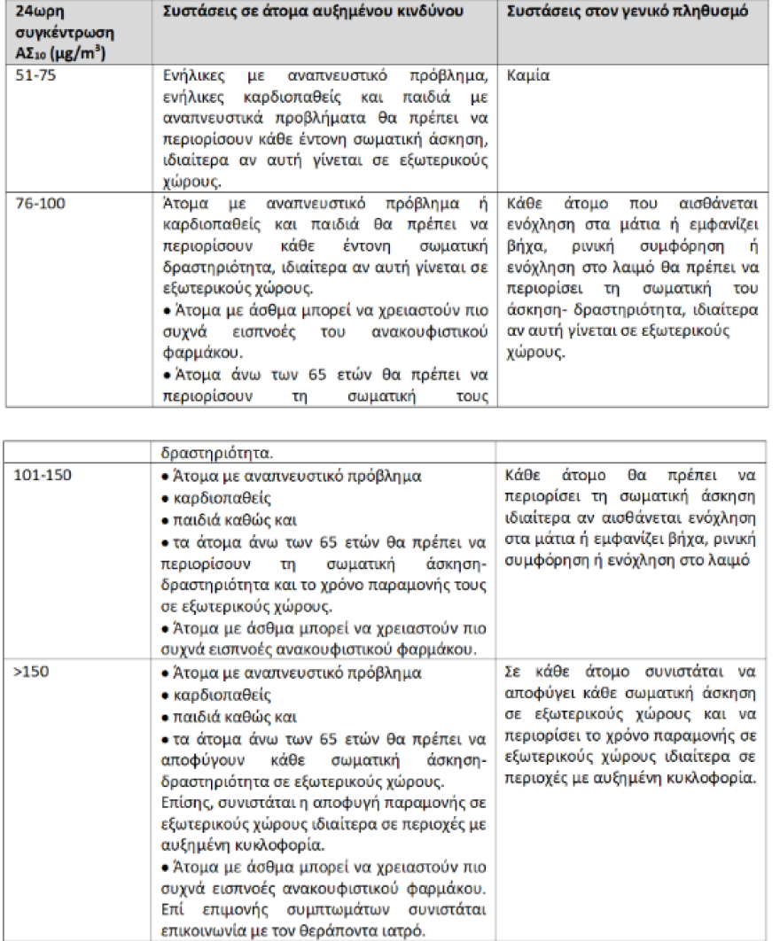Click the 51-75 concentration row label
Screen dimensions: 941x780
click(x=35, y=76)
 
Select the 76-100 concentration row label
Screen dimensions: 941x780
click(x=40, y=202)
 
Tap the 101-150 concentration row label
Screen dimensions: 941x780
click(x=43, y=475)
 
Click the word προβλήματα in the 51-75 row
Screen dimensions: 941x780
click(x=300, y=117)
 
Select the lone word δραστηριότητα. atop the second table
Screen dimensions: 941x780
click(x=207, y=452)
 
